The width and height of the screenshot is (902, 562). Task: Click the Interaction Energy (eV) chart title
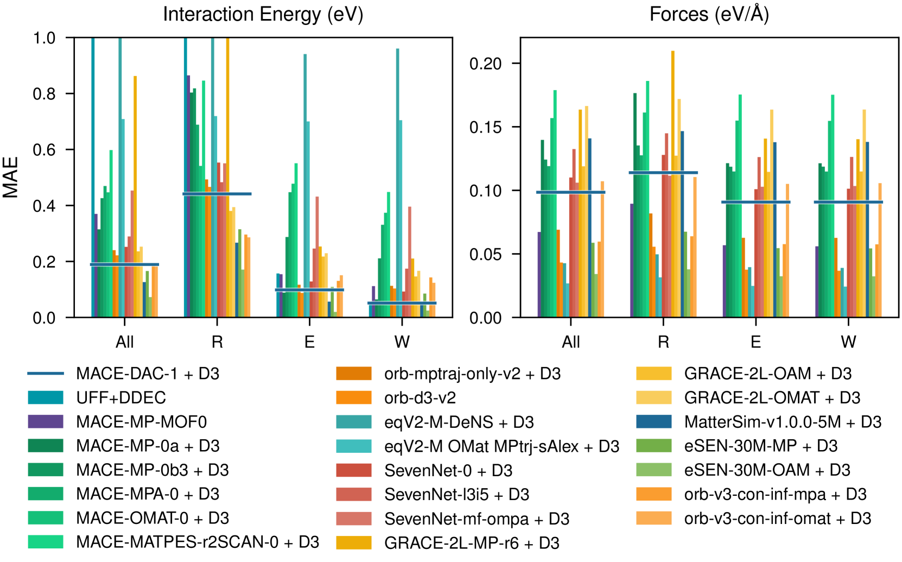tap(263, 14)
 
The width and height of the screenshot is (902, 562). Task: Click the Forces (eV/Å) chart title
tap(709, 14)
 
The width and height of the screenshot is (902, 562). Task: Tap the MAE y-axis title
tap(11, 177)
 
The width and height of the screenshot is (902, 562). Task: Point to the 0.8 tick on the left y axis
tap(44, 94)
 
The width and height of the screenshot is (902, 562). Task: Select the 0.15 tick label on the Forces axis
tap(486, 127)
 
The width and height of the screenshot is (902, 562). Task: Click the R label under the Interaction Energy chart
tap(217, 342)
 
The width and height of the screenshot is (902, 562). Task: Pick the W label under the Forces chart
tap(848, 342)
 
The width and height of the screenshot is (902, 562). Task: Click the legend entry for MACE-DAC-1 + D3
tap(148, 374)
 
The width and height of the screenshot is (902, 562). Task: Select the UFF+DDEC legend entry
tap(121, 397)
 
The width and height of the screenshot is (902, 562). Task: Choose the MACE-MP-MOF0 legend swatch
tap(46, 421)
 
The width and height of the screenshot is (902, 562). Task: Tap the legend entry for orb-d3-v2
tap(420, 398)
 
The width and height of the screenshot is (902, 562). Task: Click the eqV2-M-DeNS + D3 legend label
tap(459, 422)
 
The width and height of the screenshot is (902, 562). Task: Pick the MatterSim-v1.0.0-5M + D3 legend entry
tap(783, 422)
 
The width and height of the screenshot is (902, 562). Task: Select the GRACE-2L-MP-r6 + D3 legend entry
tap(472, 542)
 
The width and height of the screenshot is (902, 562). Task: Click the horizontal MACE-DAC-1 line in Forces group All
tap(570, 192)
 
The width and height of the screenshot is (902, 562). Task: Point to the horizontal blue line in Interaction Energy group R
tap(217, 194)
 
